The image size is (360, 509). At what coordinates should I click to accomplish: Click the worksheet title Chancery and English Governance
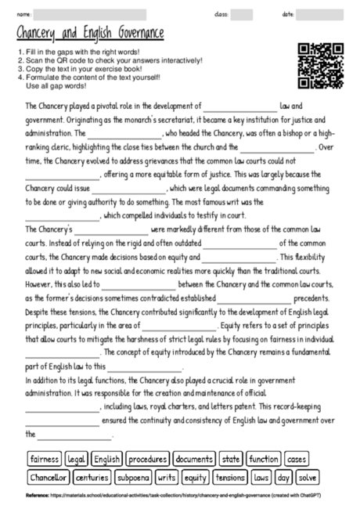click(90, 33)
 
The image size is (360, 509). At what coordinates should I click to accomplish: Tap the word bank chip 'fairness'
click(44, 458)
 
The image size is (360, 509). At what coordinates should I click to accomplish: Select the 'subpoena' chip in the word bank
click(134, 476)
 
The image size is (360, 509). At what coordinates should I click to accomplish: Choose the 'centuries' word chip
click(93, 476)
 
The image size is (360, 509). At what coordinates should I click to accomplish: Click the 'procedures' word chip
click(147, 458)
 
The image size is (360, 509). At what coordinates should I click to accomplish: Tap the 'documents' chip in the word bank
click(195, 458)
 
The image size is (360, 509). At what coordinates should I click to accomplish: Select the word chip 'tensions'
click(230, 476)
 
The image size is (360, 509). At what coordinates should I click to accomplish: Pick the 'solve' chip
click(308, 476)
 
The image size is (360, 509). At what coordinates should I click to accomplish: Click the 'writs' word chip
click(167, 476)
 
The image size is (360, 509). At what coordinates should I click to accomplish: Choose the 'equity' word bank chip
click(196, 476)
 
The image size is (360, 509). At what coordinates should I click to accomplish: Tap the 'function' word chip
click(264, 458)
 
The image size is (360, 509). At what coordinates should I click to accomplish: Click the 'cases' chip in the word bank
click(297, 458)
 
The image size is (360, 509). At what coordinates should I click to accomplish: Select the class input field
click(242, 14)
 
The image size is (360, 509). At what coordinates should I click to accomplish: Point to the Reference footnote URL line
click(180, 496)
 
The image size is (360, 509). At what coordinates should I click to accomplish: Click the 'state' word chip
click(231, 458)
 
